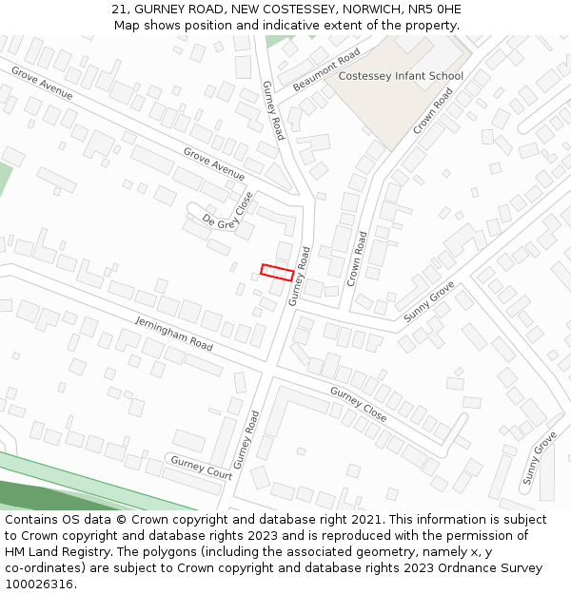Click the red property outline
pyautogui.click(x=277, y=272)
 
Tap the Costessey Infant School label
pyautogui.click(x=401, y=76)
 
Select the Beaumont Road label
pyautogui.click(x=326, y=69)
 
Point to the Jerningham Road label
pyautogui.click(x=173, y=332)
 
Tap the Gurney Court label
pyautogui.click(x=201, y=467)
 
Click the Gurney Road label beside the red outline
pyautogui.click(x=300, y=276)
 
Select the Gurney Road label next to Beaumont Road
pyautogui.click(x=273, y=110)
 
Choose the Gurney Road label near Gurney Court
pyautogui.click(x=247, y=439)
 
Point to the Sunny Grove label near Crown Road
pyautogui.click(x=429, y=300)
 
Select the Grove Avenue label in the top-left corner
pyautogui.click(x=42, y=83)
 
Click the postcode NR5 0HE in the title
pyautogui.click(x=436, y=9)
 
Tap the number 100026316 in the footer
pyautogui.click(x=39, y=584)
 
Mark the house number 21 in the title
pyautogui.click(x=119, y=9)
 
